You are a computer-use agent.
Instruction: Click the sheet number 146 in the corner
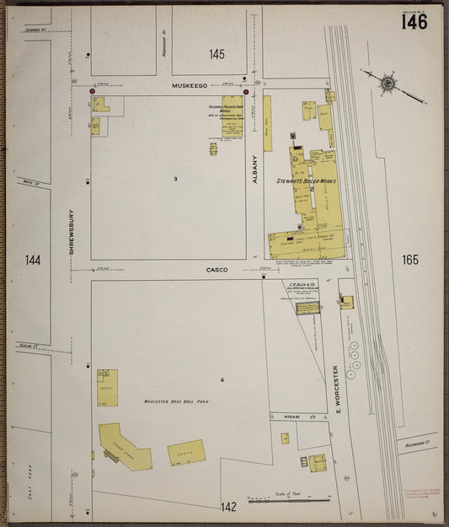pos(414,21)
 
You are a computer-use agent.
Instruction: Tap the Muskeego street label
pos(189,85)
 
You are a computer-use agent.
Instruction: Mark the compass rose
pos(388,83)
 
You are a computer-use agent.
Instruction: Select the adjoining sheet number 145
pos(217,55)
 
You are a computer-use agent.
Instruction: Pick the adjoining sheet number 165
pos(410,260)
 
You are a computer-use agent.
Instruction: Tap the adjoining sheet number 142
pos(228,507)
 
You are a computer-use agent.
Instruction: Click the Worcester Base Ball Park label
pos(175,402)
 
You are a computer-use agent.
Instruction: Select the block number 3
pos(175,180)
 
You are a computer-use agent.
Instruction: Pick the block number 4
pos(222,380)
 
